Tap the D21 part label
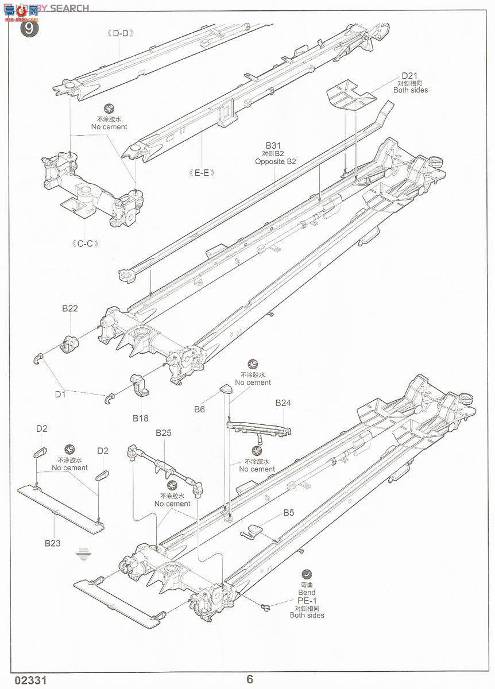[411, 76]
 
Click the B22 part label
[70, 308]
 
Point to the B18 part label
[141, 418]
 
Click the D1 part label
[61, 394]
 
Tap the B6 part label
[199, 409]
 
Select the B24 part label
[283, 403]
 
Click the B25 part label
[164, 433]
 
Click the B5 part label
[288, 513]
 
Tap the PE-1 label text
[307, 601]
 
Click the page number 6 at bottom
[250, 679]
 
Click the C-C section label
[85, 243]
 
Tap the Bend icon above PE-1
[307, 574]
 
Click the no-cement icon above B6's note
[253, 364]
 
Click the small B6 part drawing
[225, 390]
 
